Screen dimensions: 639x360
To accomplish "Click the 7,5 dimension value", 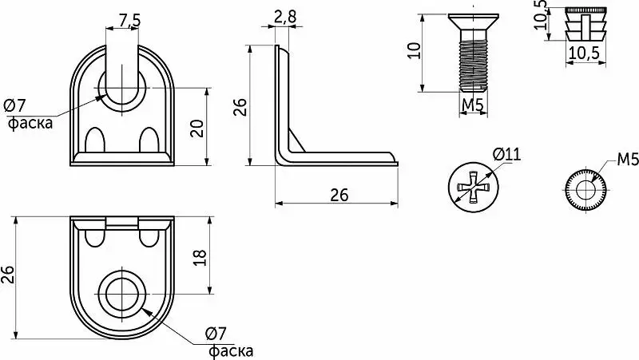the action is pos(129,20).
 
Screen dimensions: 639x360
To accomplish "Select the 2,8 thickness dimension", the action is pos(285,17).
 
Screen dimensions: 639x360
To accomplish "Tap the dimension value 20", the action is pos(197,128).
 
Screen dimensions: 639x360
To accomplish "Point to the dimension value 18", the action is pos(200,258).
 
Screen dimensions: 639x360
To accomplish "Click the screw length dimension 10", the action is pos(414,50).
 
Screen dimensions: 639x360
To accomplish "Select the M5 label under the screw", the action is pos(472,105).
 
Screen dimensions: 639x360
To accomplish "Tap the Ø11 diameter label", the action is pos(506,155).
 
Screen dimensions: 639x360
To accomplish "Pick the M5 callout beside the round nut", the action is pos(628,160).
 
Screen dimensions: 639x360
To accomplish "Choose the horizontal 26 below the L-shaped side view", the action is pos(339,195).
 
